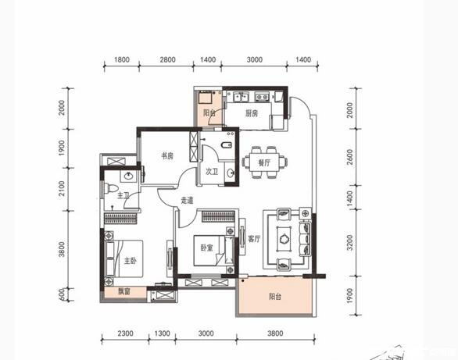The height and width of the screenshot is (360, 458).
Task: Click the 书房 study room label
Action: (167, 156)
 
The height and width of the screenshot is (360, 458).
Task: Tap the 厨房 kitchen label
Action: (252, 113)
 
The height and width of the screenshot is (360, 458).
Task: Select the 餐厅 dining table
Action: (264, 162)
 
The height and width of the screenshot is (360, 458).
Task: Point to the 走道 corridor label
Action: (187, 201)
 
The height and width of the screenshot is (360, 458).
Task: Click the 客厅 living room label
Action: (254, 239)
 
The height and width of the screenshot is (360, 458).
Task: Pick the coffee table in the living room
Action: (284, 239)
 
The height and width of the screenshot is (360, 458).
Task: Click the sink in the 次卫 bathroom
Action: (231, 173)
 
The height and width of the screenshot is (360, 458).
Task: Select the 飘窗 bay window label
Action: (124, 291)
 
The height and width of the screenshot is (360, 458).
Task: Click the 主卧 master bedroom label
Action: (131, 261)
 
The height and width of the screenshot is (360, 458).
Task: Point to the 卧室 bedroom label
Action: (207, 248)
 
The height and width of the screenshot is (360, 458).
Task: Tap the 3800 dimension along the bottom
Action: (275, 333)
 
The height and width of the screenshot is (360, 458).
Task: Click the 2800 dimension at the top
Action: (168, 60)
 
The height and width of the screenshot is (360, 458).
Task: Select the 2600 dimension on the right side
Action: (350, 157)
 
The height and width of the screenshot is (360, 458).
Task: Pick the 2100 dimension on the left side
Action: (62, 188)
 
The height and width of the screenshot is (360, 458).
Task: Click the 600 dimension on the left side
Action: (62, 294)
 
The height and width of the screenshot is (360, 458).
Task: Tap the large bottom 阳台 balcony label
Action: (275, 297)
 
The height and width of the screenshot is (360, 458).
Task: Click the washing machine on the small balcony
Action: (206, 98)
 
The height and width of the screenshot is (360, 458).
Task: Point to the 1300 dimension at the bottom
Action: (162, 333)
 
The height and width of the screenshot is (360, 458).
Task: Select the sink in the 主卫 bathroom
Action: (128, 176)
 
